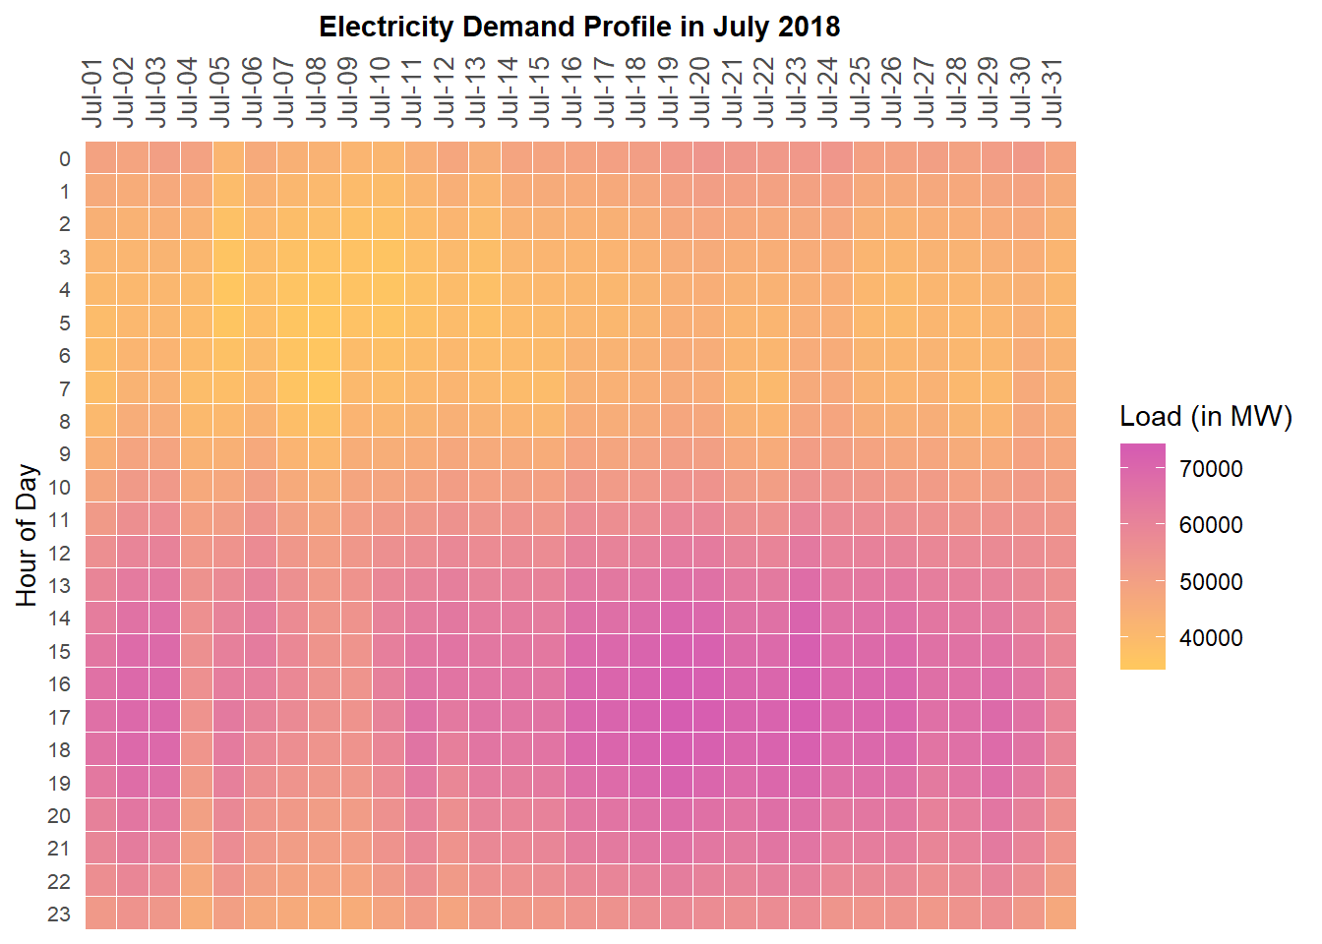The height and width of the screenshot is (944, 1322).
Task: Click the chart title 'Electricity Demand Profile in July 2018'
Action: [x=579, y=27]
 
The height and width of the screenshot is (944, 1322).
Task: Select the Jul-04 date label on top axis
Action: [x=188, y=92]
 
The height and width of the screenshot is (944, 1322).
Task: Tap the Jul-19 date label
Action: [x=668, y=92]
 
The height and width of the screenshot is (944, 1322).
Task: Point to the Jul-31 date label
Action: [x=1052, y=92]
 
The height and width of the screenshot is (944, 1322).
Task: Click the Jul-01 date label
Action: [x=92, y=92]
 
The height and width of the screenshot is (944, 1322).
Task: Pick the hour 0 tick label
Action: [x=65, y=159]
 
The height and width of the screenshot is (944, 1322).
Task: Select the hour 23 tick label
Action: [x=59, y=914]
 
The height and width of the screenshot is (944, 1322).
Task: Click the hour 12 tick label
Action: [x=59, y=554]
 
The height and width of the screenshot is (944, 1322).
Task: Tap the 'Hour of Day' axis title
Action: [x=27, y=536]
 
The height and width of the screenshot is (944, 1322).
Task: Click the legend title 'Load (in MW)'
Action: [x=1206, y=417]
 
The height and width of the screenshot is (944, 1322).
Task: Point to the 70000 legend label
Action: [x=1211, y=470]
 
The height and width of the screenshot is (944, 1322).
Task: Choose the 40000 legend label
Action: [x=1211, y=639]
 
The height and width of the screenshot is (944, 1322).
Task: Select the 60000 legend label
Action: [x=1211, y=526]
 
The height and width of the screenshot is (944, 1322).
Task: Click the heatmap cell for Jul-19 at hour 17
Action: [x=677, y=716]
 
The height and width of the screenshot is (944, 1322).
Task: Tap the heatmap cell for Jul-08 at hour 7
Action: [x=325, y=387]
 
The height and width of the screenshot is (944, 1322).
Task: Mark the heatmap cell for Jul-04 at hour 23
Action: [x=197, y=913]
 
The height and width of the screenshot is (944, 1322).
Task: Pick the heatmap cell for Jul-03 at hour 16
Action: [x=165, y=683]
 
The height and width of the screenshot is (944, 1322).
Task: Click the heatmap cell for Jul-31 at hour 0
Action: [x=1060, y=157]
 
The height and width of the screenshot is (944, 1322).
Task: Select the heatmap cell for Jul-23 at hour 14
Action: [x=805, y=618]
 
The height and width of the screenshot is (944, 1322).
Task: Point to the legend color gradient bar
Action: [x=1142, y=557]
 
